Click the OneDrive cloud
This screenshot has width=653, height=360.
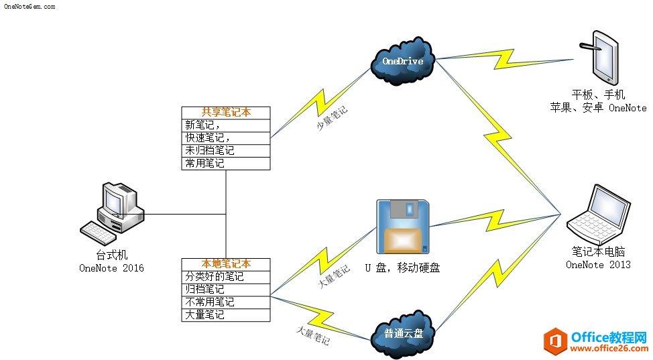point(402,62)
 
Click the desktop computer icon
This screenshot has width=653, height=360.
point(113,214)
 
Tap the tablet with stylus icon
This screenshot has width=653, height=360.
point(601,56)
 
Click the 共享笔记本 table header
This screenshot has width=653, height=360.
point(226,113)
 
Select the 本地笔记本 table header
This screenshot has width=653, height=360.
point(226,264)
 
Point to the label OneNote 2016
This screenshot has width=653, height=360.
point(111,269)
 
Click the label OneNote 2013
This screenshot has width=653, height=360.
point(598,265)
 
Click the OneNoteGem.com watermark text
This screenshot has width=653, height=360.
point(29,6)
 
